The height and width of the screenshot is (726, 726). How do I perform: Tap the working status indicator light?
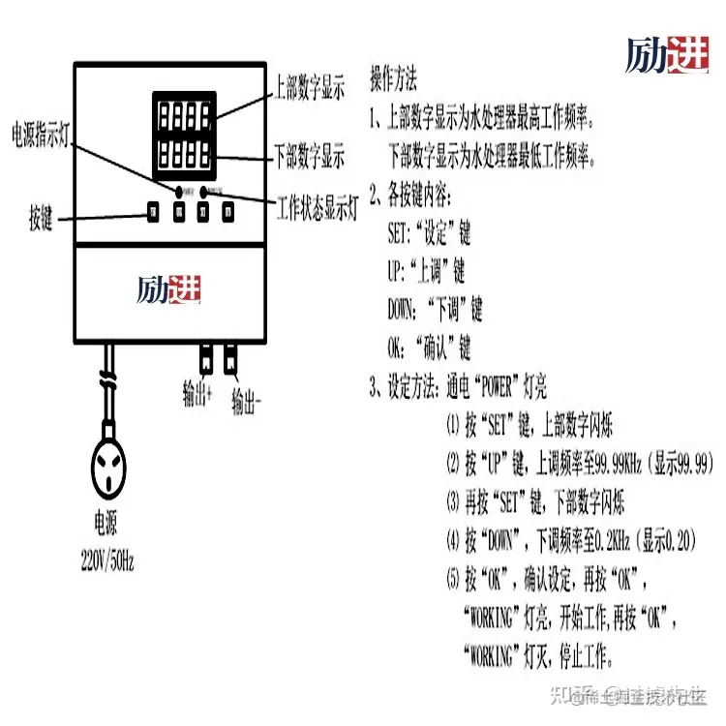tap(205, 190)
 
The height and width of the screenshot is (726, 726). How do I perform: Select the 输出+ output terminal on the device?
tap(205, 360)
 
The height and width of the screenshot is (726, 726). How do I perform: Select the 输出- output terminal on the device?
tap(231, 360)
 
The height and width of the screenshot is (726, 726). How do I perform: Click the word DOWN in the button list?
tap(405, 311)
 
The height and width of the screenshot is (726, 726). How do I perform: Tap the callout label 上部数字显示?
tap(309, 89)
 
